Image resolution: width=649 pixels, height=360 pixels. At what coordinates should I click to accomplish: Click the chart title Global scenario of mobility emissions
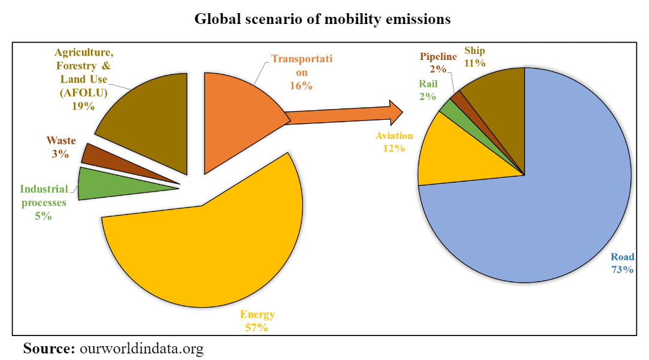coord(323,20)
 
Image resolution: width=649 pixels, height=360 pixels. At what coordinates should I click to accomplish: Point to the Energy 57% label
coord(257,321)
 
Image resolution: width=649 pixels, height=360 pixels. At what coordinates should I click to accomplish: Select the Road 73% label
coord(621,263)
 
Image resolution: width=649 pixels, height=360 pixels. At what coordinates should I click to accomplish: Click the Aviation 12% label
coord(394,141)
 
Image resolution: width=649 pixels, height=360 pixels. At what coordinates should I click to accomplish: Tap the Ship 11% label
coord(475,56)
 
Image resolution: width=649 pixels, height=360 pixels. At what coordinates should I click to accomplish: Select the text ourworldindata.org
coord(141,348)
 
